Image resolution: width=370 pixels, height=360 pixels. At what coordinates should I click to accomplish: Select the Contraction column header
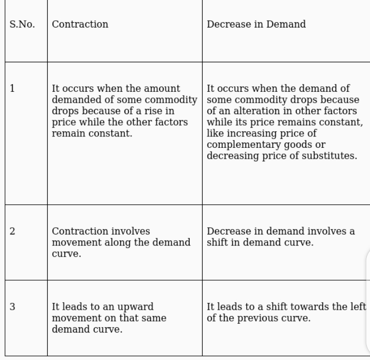tap(80, 25)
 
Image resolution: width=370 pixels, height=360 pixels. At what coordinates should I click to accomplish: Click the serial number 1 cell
tap(13, 89)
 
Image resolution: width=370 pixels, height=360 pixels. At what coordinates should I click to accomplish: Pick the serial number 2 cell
tap(13, 231)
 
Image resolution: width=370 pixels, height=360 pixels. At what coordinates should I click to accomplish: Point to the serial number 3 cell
tap(13, 307)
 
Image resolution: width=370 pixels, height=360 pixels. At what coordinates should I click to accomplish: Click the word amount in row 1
tap(163, 89)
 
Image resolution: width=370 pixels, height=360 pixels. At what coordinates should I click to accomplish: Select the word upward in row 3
tap(135, 307)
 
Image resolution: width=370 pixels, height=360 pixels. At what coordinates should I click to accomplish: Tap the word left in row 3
tap(358, 307)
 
